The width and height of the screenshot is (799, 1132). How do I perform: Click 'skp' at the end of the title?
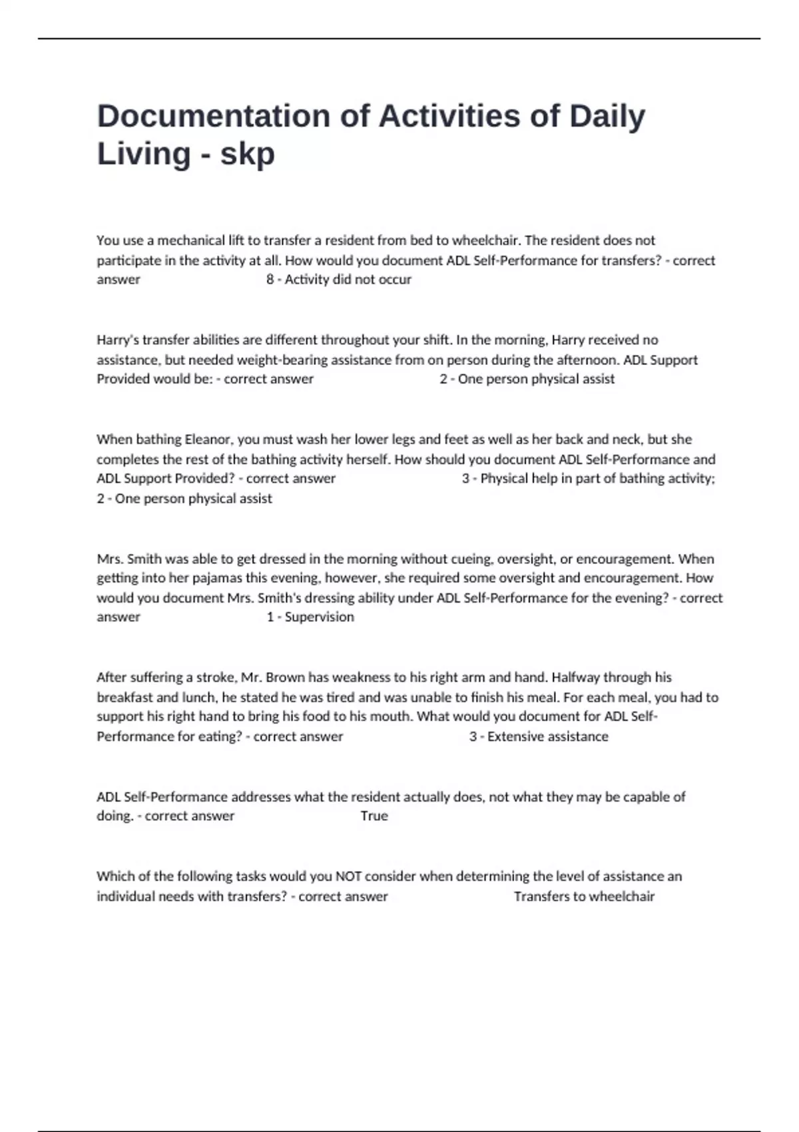point(247,154)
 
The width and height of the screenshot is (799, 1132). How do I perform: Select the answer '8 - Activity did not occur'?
point(338,280)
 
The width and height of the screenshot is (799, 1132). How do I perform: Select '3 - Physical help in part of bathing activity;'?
point(588,479)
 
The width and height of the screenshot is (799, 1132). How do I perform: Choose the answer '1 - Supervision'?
point(310,617)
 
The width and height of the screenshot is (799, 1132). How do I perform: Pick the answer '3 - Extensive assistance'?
point(538,736)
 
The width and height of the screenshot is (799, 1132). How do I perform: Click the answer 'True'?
point(374,816)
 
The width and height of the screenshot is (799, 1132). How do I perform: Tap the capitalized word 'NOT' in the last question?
point(348,876)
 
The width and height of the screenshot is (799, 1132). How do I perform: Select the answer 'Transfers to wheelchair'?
point(584,896)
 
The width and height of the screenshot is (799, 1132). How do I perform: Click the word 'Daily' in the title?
point(607,117)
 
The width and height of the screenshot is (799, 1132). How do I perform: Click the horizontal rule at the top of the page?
point(400,39)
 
